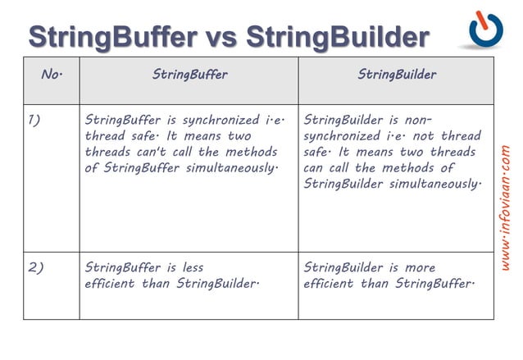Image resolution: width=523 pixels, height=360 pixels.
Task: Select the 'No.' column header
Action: pyautogui.click(x=52, y=75)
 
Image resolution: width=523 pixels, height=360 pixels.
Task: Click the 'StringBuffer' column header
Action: pyautogui.click(x=189, y=75)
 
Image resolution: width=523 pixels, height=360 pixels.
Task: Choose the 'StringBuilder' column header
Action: pyautogui.click(x=397, y=75)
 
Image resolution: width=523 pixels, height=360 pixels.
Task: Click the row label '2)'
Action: pyautogui.click(x=35, y=267)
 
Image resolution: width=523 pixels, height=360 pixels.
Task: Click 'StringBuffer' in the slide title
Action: pyautogui.click(x=112, y=37)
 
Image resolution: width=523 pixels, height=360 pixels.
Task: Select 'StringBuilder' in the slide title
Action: pyautogui.click(x=337, y=37)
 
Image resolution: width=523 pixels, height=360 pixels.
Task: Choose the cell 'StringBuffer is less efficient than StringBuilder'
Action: pyautogui.click(x=189, y=284)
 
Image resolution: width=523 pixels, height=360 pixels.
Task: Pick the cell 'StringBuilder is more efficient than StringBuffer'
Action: pyautogui.click(x=396, y=284)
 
